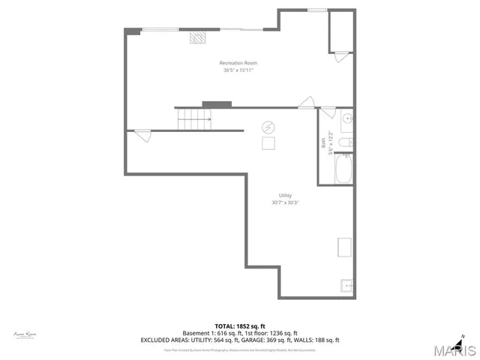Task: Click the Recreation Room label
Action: [x=238, y=62]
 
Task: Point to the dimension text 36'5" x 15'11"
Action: [x=238, y=70]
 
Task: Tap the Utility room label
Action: [x=285, y=196]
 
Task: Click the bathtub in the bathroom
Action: [x=344, y=169]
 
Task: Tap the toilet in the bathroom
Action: [x=345, y=142]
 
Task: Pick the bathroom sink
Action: [x=346, y=119]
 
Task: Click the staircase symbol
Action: [x=193, y=118]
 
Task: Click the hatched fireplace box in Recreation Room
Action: [x=197, y=36]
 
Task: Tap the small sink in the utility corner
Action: [x=347, y=286]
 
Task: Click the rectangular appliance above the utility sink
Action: [x=345, y=247]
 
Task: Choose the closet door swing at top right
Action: [x=341, y=53]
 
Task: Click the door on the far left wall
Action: [x=143, y=135]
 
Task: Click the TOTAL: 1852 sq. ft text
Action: [x=240, y=326]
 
